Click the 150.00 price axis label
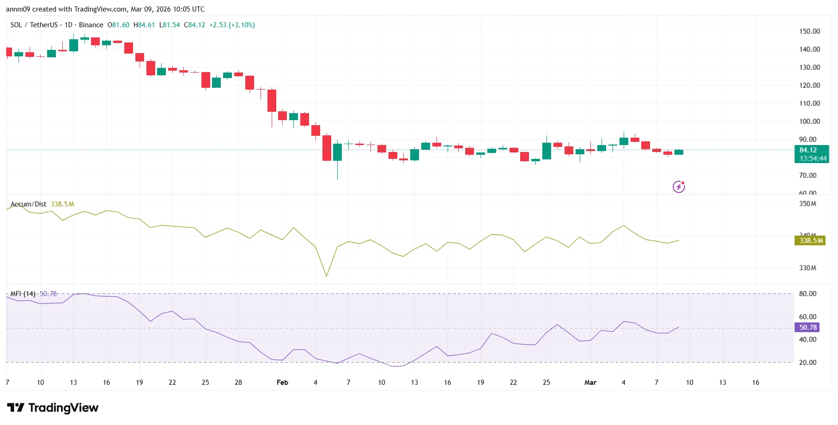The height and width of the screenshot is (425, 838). pyautogui.click(x=809, y=31)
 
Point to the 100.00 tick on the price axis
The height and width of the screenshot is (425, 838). pyautogui.click(x=809, y=121)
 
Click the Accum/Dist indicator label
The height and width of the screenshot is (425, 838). pyautogui.click(x=28, y=204)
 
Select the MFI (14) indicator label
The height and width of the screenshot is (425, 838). pyautogui.click(x=23, y=294)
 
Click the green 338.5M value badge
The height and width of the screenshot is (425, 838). pyautogui.click(x=811, y=241)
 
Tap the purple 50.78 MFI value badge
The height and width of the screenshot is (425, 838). pyautogui.click(x=808, y=328)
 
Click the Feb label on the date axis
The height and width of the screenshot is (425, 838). pyautogui.click(x=282, y=382)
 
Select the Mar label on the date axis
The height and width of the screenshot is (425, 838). pyautogui.click(x=590, y=382)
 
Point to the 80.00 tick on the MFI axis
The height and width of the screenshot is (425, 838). pyautogui.click(x=808, y=294)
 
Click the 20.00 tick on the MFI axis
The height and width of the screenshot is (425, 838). pyautogui.click(x=808, y=363)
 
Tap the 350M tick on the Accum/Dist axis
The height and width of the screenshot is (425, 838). pyautogui.click(x=808, y=204)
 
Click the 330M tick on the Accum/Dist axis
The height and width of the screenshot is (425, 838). pyautogui.click(x=808, y=268)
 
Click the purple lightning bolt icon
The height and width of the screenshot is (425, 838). pyautogui.click(x=679, y=187)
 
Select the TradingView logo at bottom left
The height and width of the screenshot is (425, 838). pyautogui.click(x=53, y=407)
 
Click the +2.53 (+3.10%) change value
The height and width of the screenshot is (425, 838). pyautogui.click(x=232, y=25)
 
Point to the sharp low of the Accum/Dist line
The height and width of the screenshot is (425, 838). pyautogui.click(x=327, y=276)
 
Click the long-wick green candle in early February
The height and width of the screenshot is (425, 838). pyautogui.click(x=338, y=152)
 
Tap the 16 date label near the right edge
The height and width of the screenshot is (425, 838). pyautogui.click(x=755, y=382)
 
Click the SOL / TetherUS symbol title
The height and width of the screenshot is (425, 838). pyautogui.click(x=34, y=25)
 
